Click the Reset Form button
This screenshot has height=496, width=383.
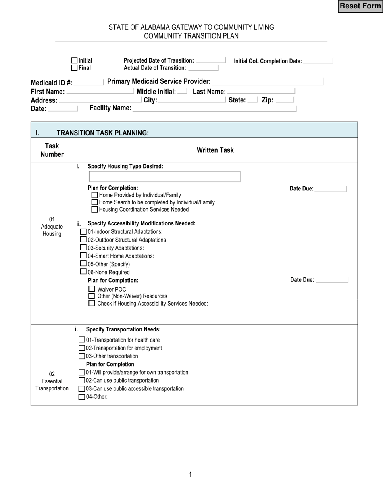pos(360,6)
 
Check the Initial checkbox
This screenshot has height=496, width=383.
pos(74,60)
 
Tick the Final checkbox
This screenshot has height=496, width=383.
pos(74,68)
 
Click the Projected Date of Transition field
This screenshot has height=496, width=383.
pos(210,60)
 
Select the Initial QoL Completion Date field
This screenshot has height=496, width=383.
pos(318,61)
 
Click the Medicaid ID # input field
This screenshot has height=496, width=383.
pos(89,83)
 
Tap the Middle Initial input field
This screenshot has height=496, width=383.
pos(182,92)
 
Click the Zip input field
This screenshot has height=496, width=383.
pos(285,100)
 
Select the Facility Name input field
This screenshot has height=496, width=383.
pos(214,108)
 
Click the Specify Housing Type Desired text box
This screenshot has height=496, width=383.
pos(164,177)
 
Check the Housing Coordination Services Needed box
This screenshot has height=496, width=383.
pos(94,209)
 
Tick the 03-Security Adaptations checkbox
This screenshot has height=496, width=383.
pos(83,248)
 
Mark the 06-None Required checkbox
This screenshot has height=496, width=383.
pos(83,272)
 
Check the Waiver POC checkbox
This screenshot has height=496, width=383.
pos(92,289)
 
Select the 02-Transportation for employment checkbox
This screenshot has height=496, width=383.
pos(82,348)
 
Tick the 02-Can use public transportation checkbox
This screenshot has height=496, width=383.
pos(82,380)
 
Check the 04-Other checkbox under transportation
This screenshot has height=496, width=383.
pos(82,397)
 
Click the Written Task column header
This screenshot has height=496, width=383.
pos(215,150)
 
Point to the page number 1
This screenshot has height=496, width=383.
pos(190,475)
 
